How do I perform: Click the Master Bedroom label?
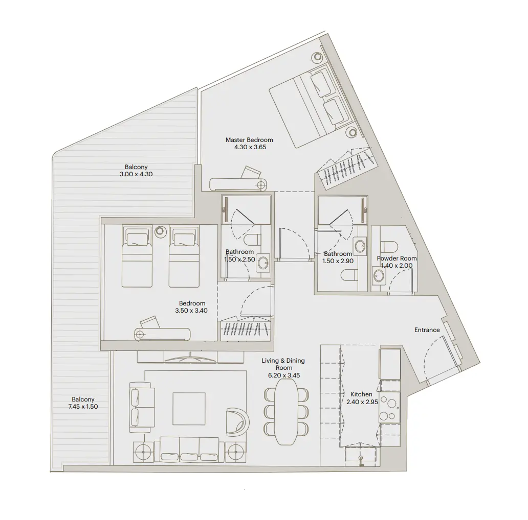click(249, 139)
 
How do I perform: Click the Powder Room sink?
click(379, 276)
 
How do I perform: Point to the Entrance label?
click(427, 330)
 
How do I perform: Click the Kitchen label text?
click(361, 394)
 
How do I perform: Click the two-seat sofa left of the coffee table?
click(143, 408)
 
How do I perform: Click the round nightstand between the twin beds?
click(161, 231)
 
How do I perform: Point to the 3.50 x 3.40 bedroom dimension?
click(192, 310)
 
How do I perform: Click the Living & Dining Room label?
click(283, 368)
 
